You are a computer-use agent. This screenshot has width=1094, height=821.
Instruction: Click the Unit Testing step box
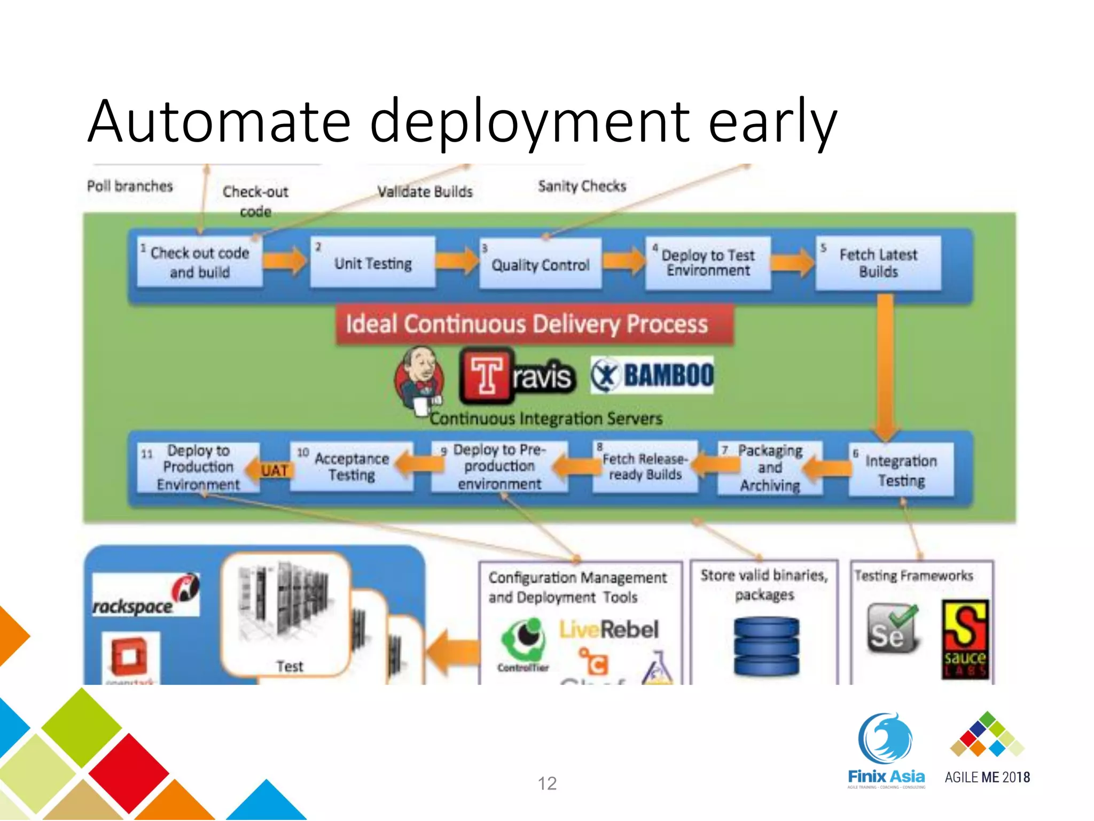(373, 262)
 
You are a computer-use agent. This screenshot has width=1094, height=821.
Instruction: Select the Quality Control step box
(540, 264)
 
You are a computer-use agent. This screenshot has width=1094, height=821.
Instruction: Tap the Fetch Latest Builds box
(878, 263)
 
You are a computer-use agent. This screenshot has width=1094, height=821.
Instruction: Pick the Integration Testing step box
(901, 470)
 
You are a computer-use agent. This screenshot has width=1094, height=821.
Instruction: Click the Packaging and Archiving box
(769, 468)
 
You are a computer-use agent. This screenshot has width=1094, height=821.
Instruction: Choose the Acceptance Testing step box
(351, 467)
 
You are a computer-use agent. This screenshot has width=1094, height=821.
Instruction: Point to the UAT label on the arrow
(274, 470)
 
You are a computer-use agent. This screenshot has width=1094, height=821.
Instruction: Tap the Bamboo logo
(652, 375)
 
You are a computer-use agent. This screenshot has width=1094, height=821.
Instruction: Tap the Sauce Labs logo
(965, 639)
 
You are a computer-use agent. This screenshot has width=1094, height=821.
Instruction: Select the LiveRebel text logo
(608, 629)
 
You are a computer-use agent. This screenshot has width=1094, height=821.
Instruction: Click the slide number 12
(547, 783)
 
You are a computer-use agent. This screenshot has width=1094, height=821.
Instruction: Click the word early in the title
(772, 122)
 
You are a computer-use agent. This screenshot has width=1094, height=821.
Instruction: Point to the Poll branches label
(130, 186)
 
